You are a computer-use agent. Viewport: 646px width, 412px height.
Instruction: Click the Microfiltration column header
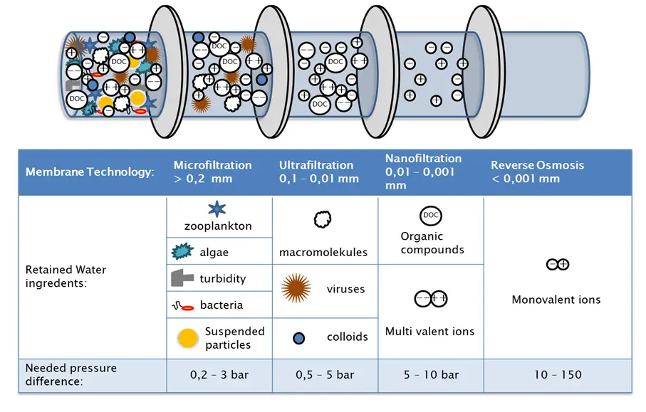click(212, 171)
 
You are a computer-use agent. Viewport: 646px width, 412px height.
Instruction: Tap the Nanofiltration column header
click(423, 171)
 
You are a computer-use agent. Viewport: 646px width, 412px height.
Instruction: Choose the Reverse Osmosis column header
click(537, 171)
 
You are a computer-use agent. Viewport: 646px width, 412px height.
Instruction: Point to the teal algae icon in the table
click(182, 252)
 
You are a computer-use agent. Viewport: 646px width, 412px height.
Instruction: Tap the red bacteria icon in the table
click(182, 306)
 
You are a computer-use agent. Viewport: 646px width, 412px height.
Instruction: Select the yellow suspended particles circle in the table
click(187, 338)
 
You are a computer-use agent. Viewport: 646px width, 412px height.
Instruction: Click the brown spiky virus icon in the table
click(296, 288)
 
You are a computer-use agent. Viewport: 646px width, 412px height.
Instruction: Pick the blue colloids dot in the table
click(300, 337)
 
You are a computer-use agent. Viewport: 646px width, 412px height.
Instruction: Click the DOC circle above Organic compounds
click(431, 215)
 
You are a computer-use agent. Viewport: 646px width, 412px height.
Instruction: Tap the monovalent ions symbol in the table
click(557, 265)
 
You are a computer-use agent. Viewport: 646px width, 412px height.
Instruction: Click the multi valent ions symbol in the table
click(430, 299)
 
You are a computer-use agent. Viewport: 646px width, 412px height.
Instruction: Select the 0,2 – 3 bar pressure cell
click(219, 375)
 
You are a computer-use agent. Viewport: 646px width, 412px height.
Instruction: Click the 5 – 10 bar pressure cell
click(430, 375)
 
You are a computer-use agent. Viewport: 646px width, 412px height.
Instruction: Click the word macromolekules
click(323, 252)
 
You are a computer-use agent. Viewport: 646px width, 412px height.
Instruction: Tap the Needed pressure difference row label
click(71, 374)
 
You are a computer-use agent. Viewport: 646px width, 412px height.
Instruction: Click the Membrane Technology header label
click(90, 172)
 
